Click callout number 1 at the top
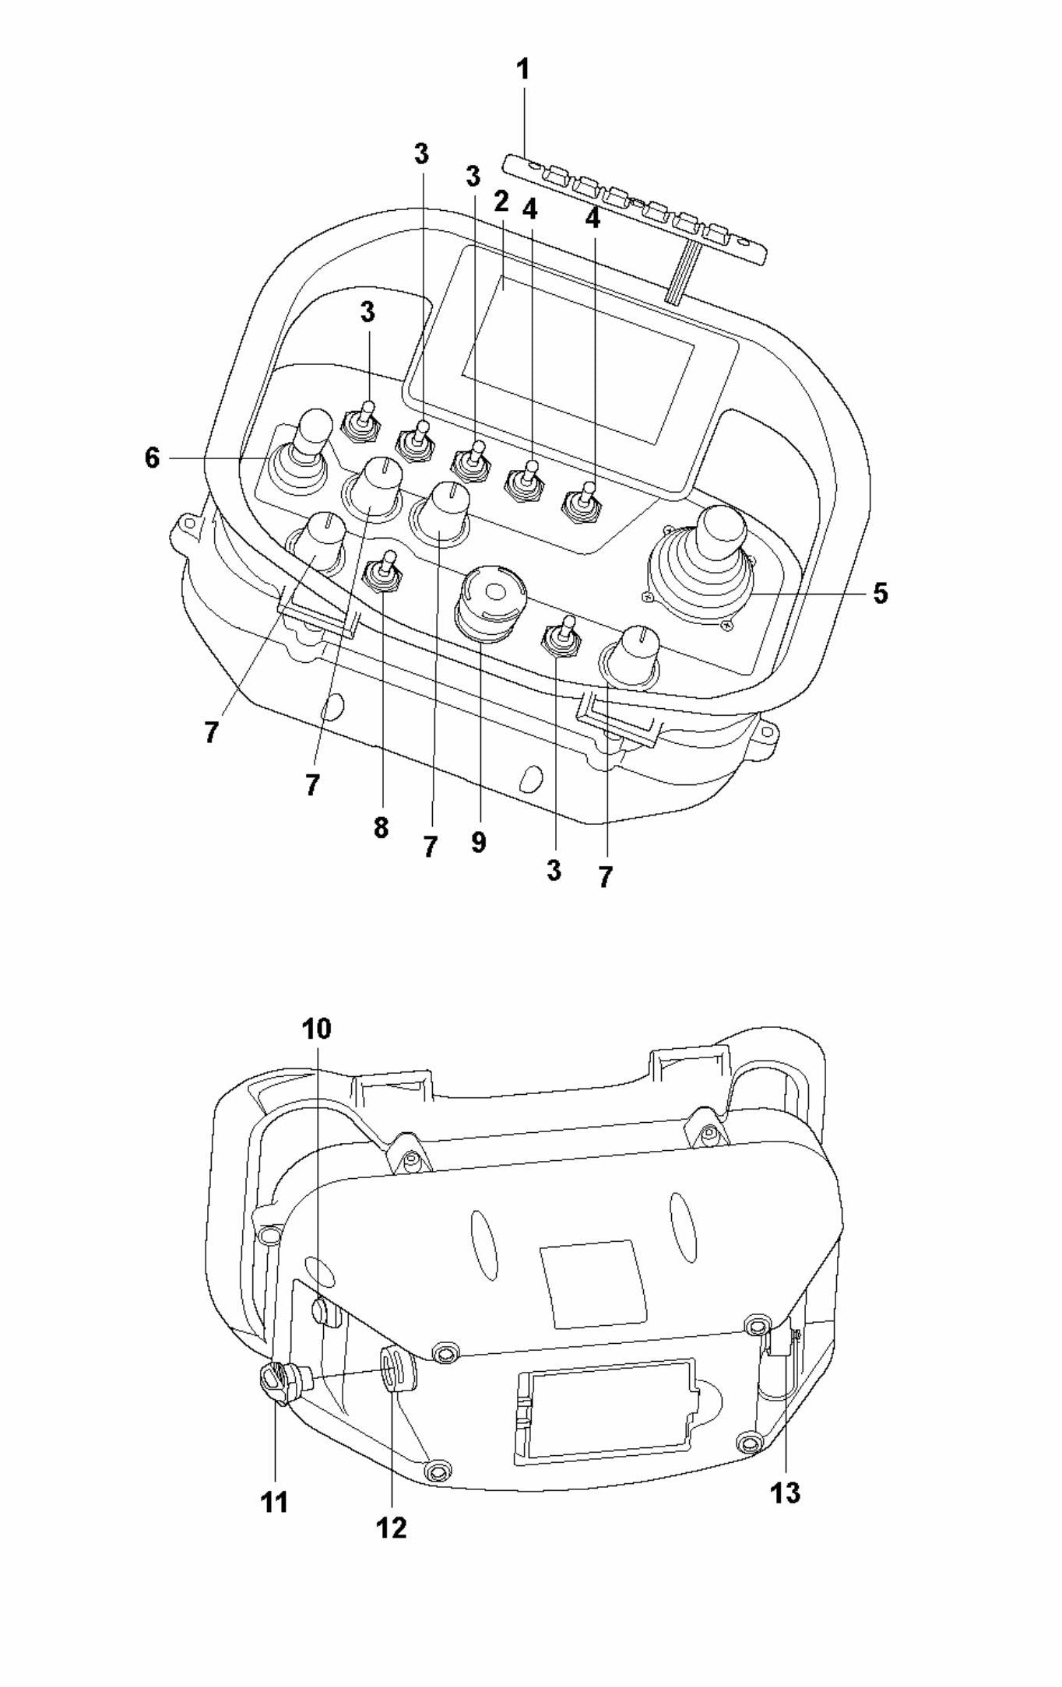(x=523, y=70)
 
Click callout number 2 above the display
(x=501, y=202)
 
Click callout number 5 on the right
(x=880, y=594)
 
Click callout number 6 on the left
(x=152, y=458)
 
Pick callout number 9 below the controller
(x=478, y=841)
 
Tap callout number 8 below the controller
(x=381, y=828)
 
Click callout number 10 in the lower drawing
(x=317, y=1029)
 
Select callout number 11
(x=275, y=1503)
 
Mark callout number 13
(x=785, y=1492)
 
